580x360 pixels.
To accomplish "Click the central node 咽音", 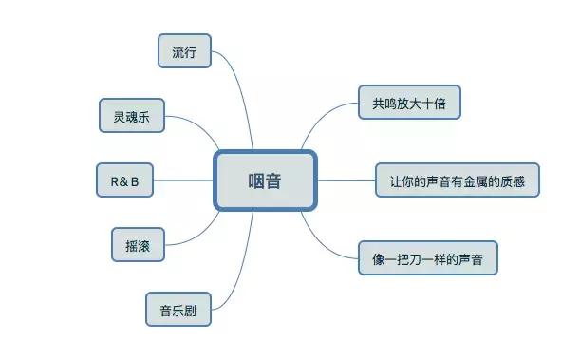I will (265, 180).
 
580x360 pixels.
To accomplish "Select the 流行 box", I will (184, 51).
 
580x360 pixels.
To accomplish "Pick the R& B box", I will (124, 180).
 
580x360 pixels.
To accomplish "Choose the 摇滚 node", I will (138, 243).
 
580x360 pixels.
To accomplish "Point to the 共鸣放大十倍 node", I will (409, 103).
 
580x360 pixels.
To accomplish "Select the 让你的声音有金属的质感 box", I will (458, 180).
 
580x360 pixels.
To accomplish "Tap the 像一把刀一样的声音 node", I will (428, 257).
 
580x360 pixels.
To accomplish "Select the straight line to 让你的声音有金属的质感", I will (346, 180).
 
